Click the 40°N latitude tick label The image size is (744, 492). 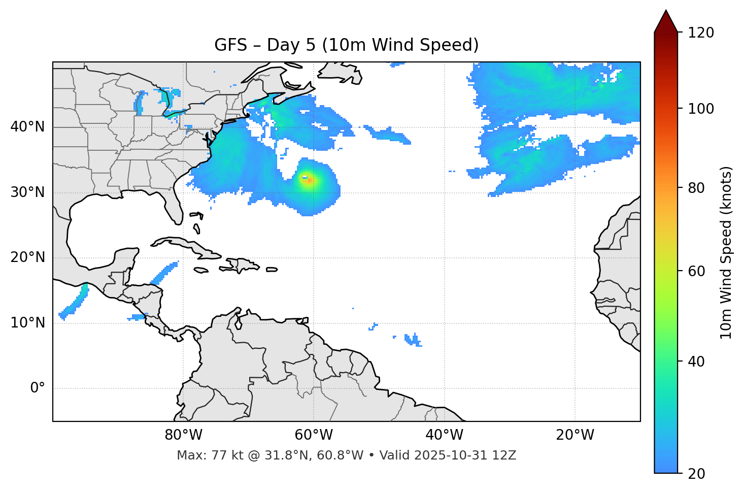(27, 127)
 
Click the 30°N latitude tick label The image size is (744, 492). (27, 192)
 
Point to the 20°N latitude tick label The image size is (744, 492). (27, 257)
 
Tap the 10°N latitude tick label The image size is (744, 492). (27, 323)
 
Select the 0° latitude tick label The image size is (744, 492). (38, 388)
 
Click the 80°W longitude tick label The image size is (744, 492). (184, 435)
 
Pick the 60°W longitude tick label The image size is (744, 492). (314, 435)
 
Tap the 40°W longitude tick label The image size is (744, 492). (445, 435)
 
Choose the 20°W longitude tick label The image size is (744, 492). (575, 435)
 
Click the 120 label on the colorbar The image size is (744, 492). (701, 33)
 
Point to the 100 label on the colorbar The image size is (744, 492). (701, 109)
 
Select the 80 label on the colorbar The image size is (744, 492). (696, 188)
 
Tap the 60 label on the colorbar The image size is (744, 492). (696, 271)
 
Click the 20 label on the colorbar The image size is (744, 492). (696, 474)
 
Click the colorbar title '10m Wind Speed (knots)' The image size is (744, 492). (726, 253)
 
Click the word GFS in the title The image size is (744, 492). (230, 45)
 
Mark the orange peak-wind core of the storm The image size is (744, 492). (310, 180)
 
